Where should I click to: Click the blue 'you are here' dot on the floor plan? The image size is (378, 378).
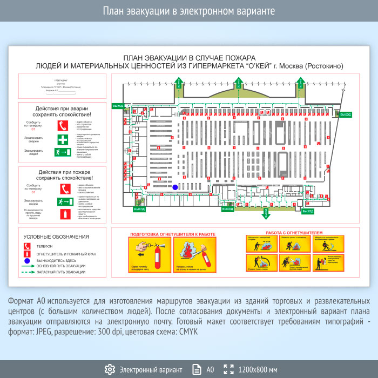point(175,187)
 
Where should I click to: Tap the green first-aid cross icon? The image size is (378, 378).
point(64,139)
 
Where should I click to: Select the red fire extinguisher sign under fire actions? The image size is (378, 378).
point(64,215)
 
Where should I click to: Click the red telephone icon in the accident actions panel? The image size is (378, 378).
point(64,125)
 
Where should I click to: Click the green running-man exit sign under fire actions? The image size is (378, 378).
point(64,202)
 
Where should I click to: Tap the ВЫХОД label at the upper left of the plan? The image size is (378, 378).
point(118,105)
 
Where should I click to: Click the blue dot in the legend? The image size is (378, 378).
point(26,260)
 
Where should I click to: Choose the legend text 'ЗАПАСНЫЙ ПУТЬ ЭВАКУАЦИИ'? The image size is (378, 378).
point(60,272)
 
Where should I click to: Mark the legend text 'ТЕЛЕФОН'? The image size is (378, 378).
point(44,246)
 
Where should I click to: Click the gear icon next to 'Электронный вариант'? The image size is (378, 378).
point(110,369)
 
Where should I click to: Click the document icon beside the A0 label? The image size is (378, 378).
point(195,369)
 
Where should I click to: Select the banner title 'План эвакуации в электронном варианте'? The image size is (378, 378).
point(189,11)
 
